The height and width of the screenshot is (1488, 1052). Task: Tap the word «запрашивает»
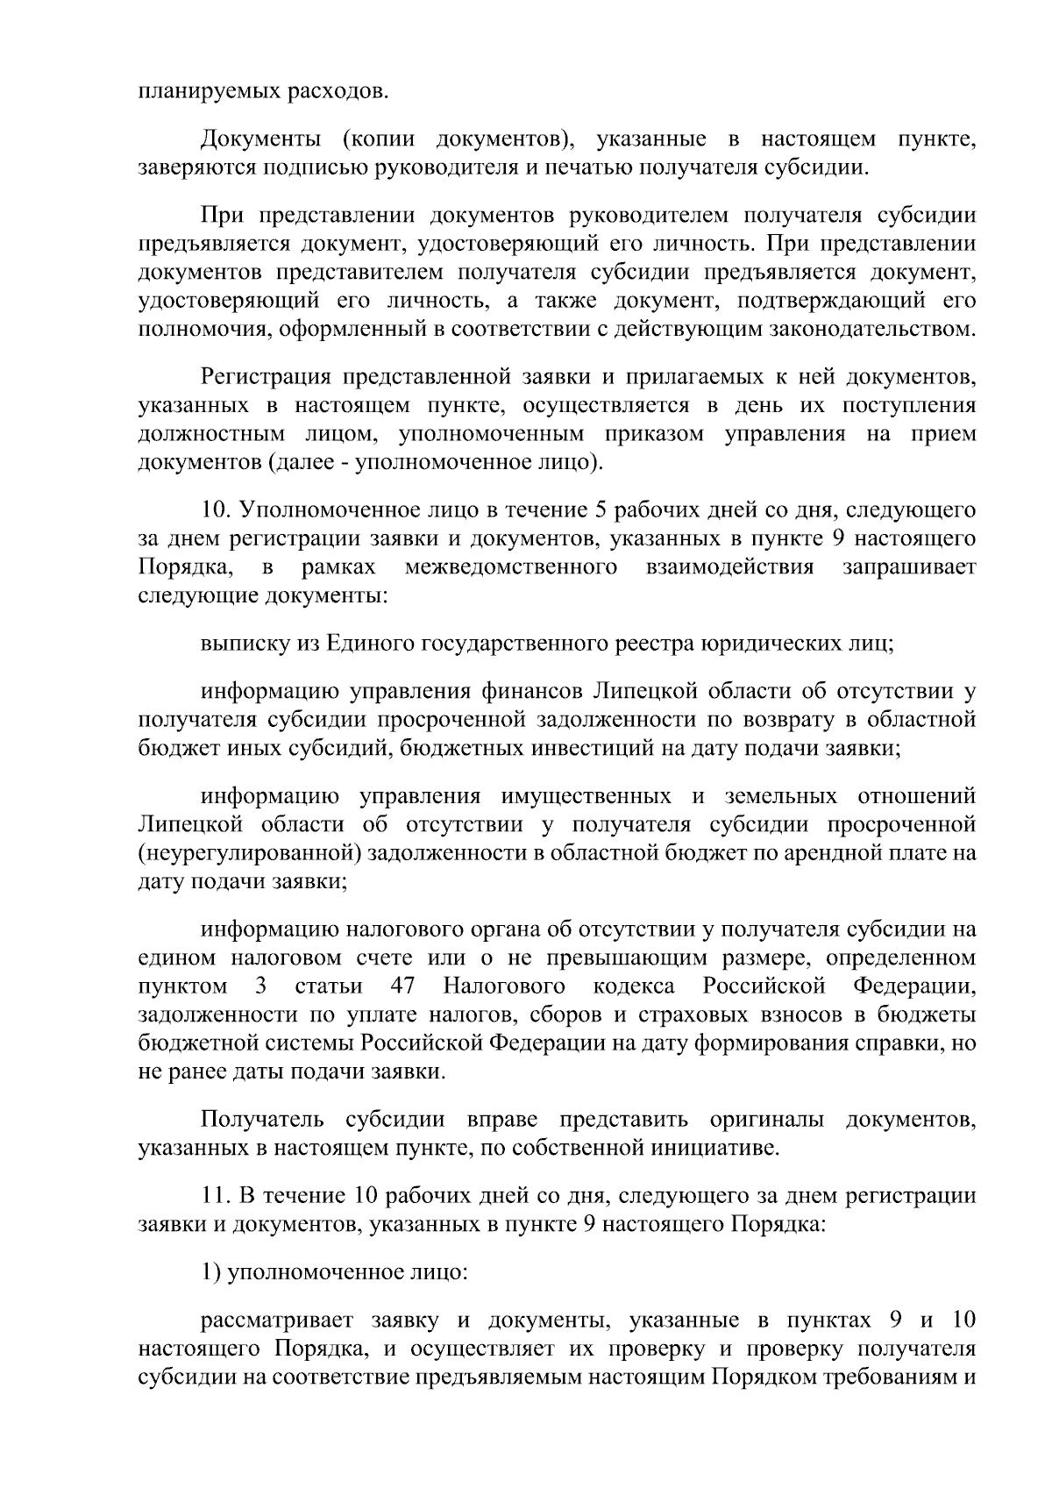pos(909,567)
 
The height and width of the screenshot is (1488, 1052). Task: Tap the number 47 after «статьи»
pos(403,986)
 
